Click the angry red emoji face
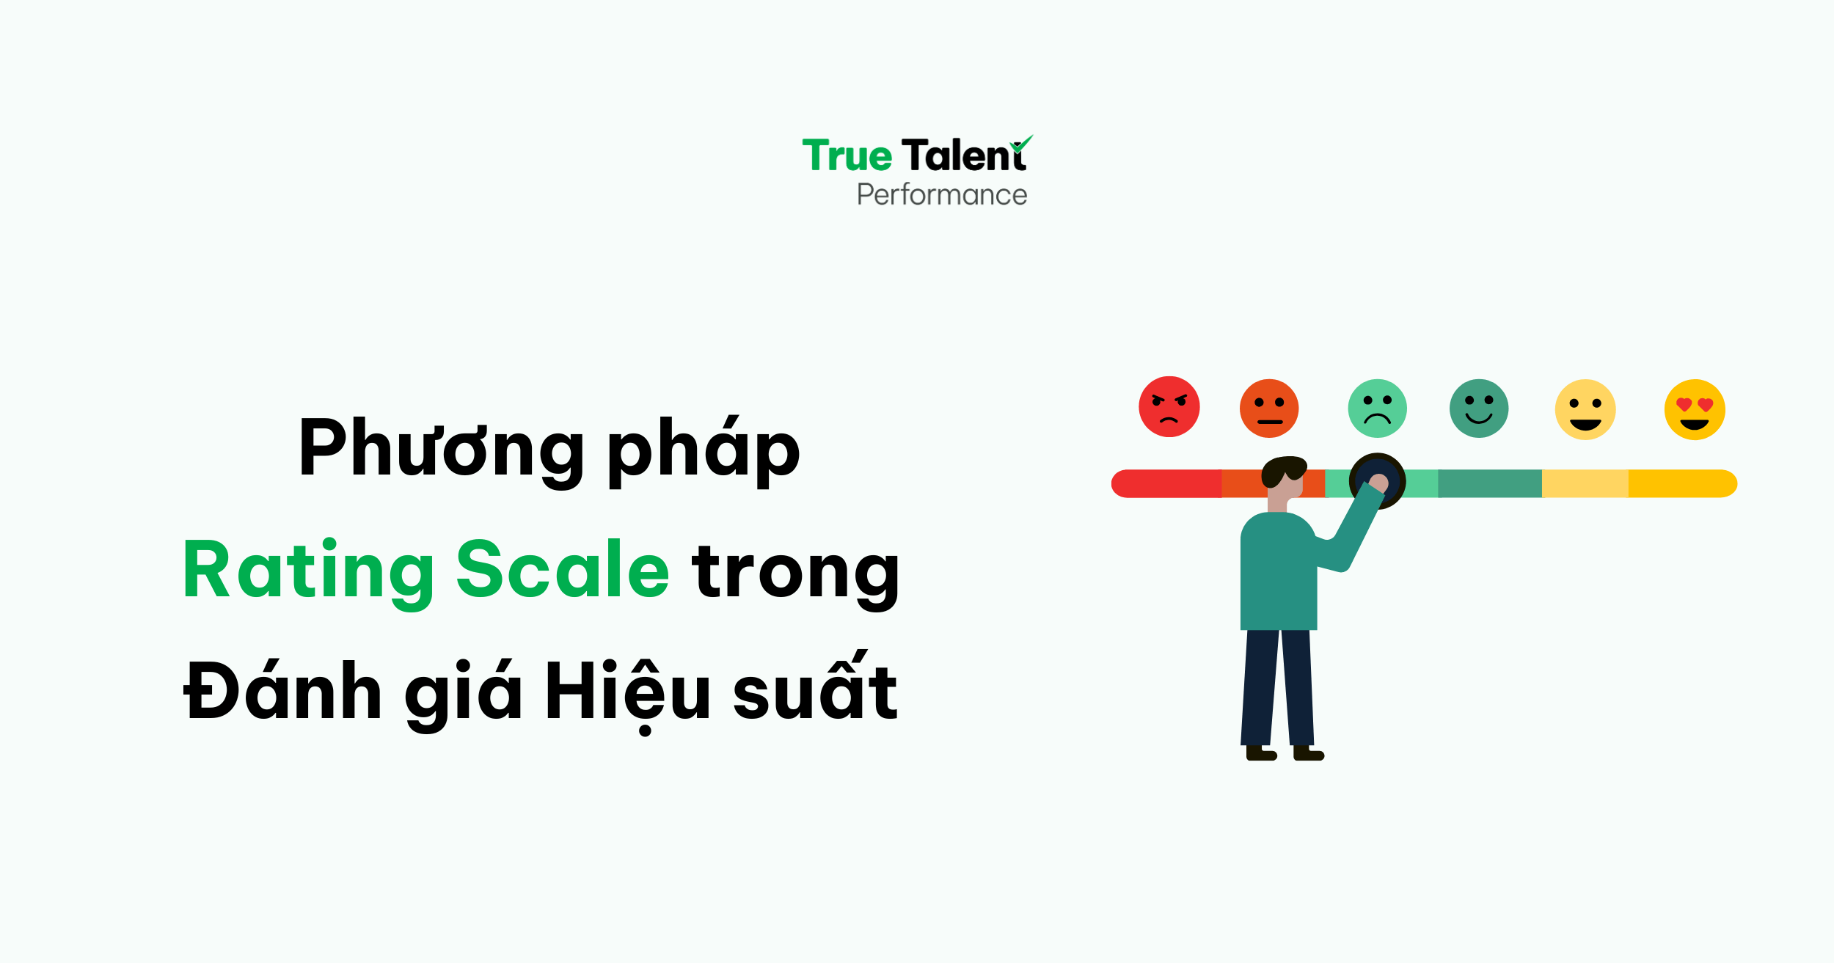[1169, 407]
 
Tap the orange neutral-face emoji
[1268, 409]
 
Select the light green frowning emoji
[1377, 409]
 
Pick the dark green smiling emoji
[1478, 409]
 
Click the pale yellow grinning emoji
[1585, 409]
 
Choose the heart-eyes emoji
[1694, 409]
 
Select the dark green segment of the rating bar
[1489, 484]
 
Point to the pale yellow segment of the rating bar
[1585, 484]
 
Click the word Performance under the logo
[942, 195]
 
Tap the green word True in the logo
[847, 155]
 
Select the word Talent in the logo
[963, 155]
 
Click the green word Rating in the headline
[308, 571]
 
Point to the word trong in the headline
[795, 572]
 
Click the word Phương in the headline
[440, 449]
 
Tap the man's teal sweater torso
[1278, 572]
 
